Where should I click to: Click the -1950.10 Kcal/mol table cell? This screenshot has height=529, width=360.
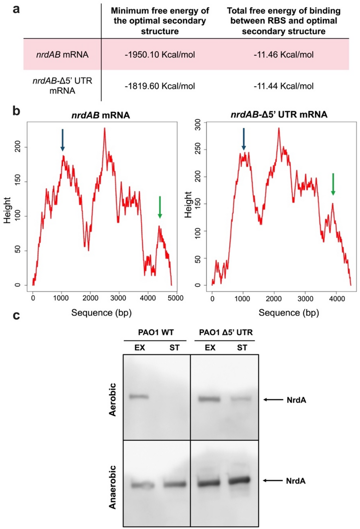pyautogui.click(x=160, y=55)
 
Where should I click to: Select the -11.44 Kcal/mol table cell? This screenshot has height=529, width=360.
pyautogui.click(x=283, y=86)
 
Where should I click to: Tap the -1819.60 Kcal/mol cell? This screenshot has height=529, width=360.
pyautogui.click(x=160, y=86)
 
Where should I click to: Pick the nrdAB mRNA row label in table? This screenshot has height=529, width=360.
pyautogui.click(x=62, y=55)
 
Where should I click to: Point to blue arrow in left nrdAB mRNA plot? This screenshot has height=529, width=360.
pyautogui.click(x=62, y=140)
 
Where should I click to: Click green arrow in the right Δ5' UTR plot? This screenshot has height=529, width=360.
pyautogui.click(x=333, y=184)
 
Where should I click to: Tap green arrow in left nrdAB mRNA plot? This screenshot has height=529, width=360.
pyautogui.click(x=160, y=207)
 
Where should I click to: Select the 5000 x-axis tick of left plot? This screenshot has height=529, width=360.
pyautogui.click(x=175, y=298)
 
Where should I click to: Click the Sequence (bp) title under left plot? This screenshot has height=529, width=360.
pyautogui.click(x=102, y=312)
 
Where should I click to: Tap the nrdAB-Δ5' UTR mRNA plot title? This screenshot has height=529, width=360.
pyautogui.click(x=279, y=115)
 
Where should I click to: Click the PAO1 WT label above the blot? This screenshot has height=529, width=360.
pyautogui.click(x=156, y=332)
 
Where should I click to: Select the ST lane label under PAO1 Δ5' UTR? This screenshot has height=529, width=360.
pyautogui.click(x=242, y=348)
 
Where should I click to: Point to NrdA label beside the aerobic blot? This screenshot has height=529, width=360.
pyautogui.click(x=296, y=400)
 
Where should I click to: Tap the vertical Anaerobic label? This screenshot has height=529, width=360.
pyautogui.click(x=112, y=487)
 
